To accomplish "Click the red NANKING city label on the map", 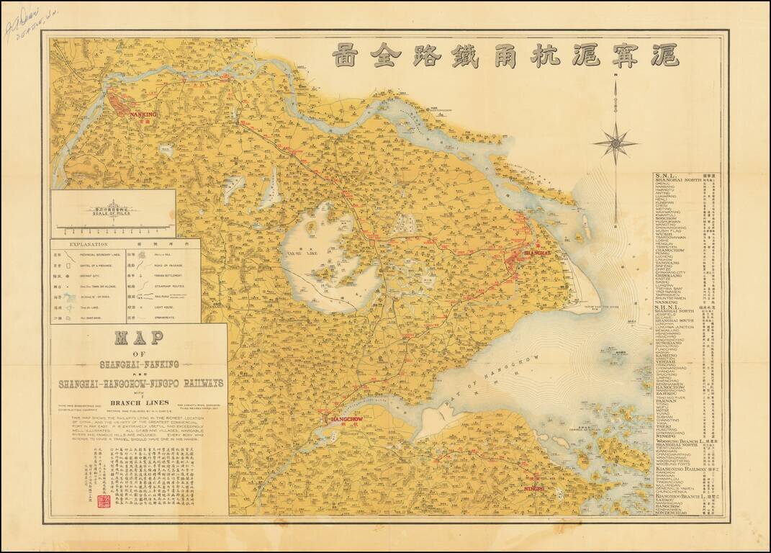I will (143, 114).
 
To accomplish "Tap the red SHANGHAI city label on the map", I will (536, 254).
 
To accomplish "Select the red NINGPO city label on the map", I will (535, 489).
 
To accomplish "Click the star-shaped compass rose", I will (615, 143).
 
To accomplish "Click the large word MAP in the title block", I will (139, 338).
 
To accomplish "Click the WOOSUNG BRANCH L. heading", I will (680, 441).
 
